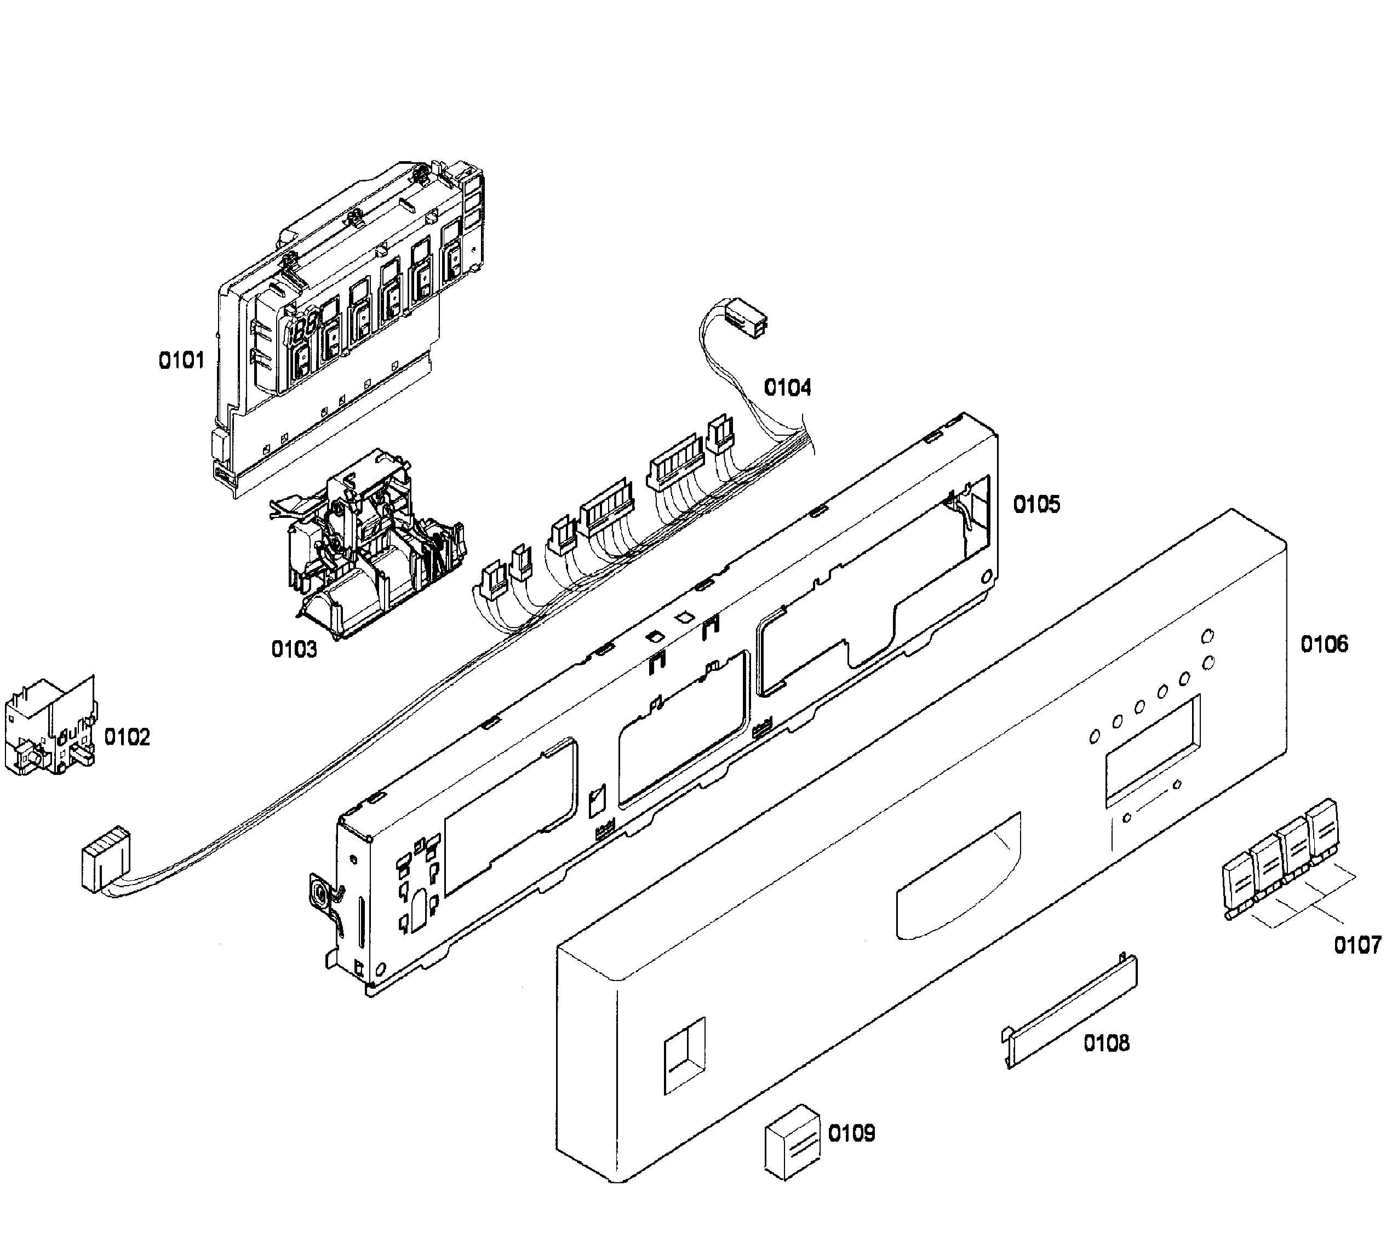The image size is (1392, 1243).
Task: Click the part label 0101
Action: pos(181,360)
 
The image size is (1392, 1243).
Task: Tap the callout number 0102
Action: pos(127,737)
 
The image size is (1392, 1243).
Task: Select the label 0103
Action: pos(294,649)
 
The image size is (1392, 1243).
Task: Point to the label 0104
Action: pos(787,388)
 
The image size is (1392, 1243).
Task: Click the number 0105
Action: pos(1036,505)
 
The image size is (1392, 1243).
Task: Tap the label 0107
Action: pos(1357,945)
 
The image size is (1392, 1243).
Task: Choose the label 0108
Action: pos(1107,1043)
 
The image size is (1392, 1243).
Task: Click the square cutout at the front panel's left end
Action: pos(685,1055)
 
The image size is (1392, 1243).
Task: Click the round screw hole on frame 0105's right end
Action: pos(984,578)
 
